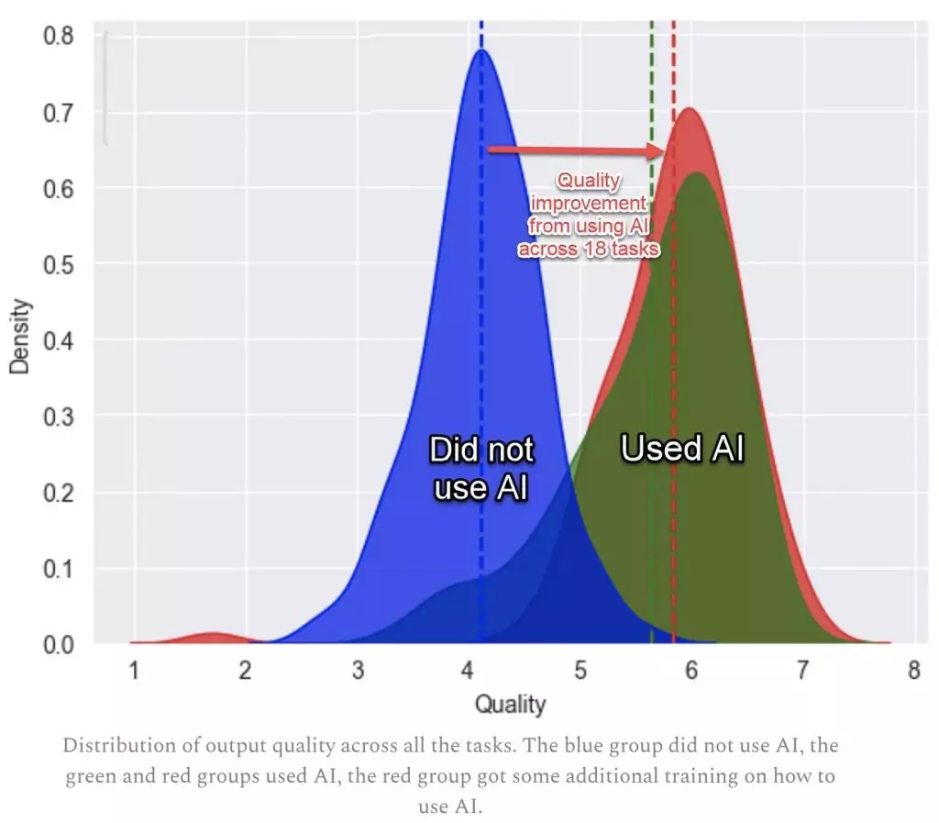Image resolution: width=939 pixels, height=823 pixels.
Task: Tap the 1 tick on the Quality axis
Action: [x=134, y=671]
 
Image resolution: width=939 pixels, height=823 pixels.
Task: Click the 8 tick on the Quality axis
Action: [x=913, y=671]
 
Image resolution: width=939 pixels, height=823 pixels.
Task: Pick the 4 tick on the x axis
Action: [x=469, y=671]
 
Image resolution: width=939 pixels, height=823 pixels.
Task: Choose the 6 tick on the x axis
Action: [x=691, y=671]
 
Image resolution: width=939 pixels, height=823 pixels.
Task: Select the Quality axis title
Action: [x=510, y=705]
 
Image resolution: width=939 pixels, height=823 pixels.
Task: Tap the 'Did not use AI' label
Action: [x=481, y=469]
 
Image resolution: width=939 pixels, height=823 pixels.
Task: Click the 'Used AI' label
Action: [x=682, y=449]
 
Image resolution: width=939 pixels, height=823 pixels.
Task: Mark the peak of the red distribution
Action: [x=688, y=108]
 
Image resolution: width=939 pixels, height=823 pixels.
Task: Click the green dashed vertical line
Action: [x=651, y=367]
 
